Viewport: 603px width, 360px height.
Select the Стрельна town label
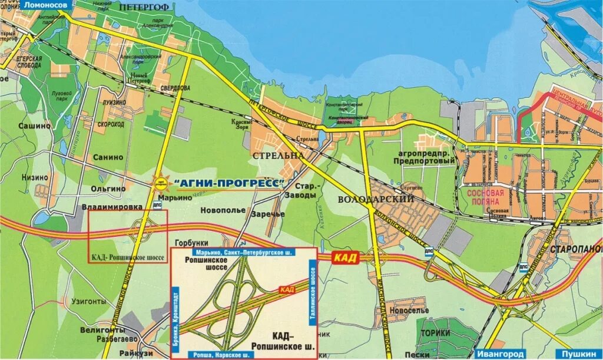click(277, 155)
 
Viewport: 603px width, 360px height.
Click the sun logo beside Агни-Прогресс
click(160, 183)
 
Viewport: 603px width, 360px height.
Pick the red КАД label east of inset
click(344, 257)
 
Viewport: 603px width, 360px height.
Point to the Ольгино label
click(108, 188)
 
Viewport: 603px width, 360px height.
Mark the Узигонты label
click(89, 301)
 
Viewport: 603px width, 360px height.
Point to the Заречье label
click(268, 214)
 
